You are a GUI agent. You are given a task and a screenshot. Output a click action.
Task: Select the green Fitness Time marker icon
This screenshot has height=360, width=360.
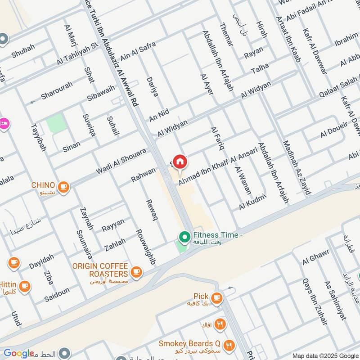coord(184,236)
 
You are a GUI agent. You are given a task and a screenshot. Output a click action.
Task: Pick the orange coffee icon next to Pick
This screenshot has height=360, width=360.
coord(216,297)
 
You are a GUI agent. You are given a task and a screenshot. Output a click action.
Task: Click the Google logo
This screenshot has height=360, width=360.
coord(19,353)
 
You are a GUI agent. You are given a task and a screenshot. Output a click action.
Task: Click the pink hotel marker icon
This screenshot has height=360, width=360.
coord(4,122)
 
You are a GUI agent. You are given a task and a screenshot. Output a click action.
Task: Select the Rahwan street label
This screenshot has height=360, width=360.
coord(143,175)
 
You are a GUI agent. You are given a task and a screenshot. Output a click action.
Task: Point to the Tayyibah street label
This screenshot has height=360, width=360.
coord(38,131)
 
